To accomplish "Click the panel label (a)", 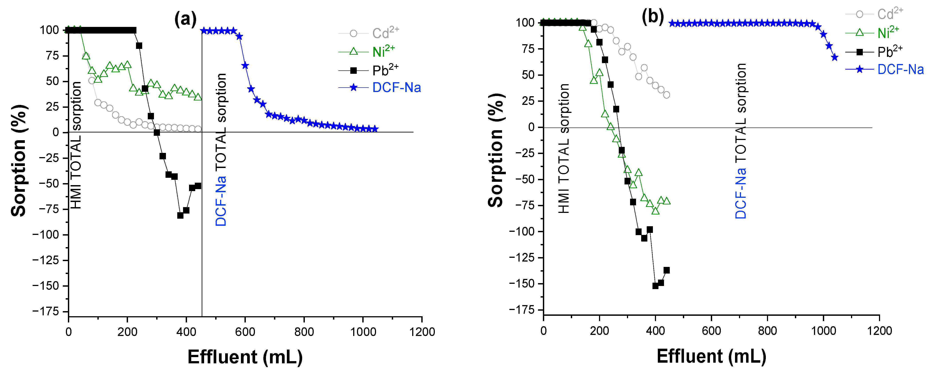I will point(185,19).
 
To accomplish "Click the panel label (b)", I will point(653,16).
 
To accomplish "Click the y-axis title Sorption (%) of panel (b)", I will point(496,150).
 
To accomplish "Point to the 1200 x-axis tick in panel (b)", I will point(879,331).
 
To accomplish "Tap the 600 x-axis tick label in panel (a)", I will point(245,332).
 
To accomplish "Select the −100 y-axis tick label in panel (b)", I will point(522,231).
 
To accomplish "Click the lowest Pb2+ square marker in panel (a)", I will point(180,215).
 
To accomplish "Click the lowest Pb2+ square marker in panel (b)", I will point(655,286).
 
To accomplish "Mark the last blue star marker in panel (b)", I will point(835,57).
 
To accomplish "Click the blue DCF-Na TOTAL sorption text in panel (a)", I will point(221,150).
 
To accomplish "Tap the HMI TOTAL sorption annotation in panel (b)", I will point(564,148).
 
